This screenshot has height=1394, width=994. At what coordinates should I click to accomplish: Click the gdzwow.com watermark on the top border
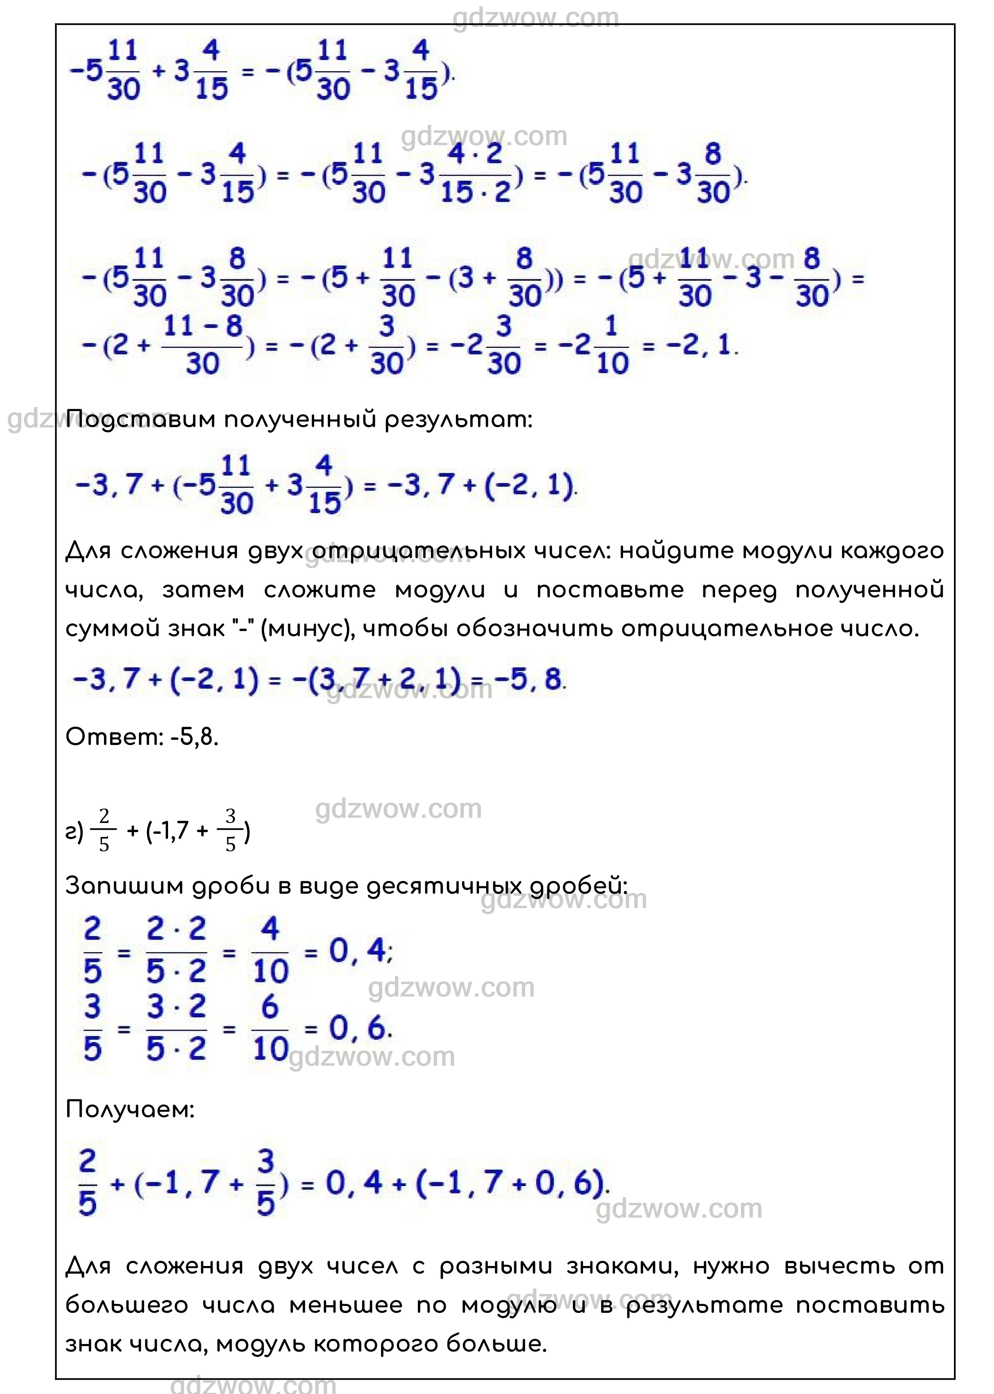pos(535,18)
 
